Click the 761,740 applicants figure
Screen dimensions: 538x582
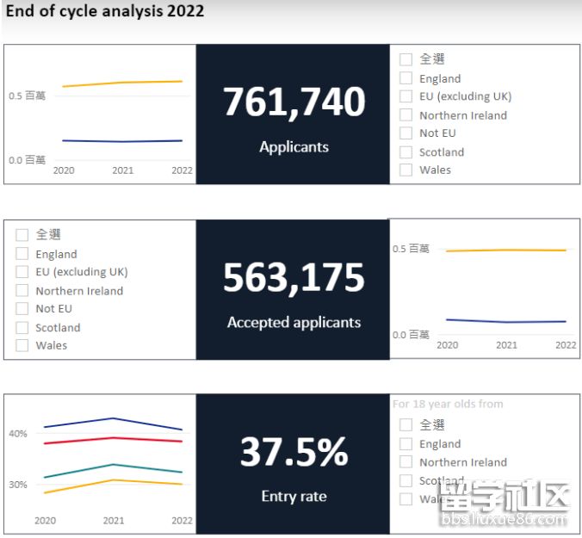(x=294, y=102)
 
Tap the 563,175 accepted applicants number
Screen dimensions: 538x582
(x=294, y=278)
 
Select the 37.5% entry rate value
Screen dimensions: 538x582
(x=294, y=453)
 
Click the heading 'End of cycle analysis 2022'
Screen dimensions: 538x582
(x=104, y=11)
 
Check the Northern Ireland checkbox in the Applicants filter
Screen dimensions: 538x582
(x=406, y=115)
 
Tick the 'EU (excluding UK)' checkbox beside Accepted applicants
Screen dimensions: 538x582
(x=22, y=272)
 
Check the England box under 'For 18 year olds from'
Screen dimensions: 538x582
(x=406, y=444)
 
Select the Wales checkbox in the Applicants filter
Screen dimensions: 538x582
(x=406, y=170)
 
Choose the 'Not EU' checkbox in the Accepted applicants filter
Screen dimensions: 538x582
(x=22, y=308)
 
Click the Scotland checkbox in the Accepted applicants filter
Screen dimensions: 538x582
(x=22, y=327)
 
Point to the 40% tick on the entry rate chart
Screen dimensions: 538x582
(x=18, y=434)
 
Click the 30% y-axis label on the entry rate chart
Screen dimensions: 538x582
(x=18, y=485)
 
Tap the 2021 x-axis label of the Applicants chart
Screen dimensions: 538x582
(x=123, y=170)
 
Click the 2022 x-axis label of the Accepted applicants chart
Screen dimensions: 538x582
(x=566, y=345)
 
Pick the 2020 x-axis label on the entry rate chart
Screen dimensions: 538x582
(x=45, y=521)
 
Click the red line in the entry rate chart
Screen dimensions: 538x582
(x=113, y=438)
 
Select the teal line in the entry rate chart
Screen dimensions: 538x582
(x=113, y=465)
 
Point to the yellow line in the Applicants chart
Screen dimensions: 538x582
(x=123, y=83)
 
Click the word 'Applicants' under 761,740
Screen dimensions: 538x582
(x=294, y=147)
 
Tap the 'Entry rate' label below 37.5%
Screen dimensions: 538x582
(x=294, y=497)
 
